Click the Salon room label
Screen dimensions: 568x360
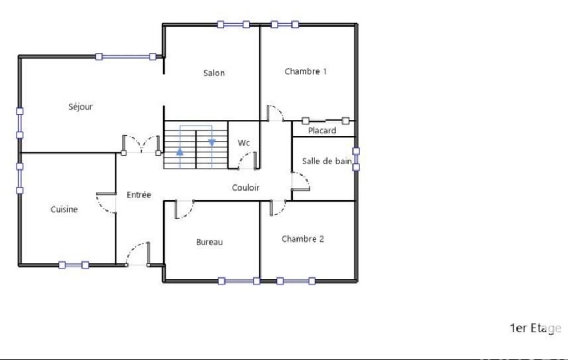pyautogui.click(x=214, y=73)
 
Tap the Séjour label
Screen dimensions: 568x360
pyautogui.click(x=80, y=106)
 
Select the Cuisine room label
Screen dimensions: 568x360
pyautogui.click(x=64, y=209)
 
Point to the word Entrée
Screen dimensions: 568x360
pyautogui.click(x=139, y=194)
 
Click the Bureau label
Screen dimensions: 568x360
pyautogui.click(x=209, y=242)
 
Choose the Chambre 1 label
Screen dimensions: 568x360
pyautogui.click(x=305, y=71)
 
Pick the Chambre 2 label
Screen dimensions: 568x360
pyautogui.click(x=303, y=239)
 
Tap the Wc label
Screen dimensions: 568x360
pyautogui.click(x=244, y=143)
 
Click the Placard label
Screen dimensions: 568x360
pyautogui.click(x=322, y=131)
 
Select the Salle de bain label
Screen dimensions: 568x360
pyautogui.click(x=327, y=161)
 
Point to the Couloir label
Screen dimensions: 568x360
pyautogui.click(x=245, y=187)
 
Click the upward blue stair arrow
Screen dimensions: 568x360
pyautogui.click(x=180, y=152)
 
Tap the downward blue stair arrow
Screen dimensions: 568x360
pyautogui.click(x=212, y=143)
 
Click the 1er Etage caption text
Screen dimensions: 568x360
pyautogui.click(x=535, y=328)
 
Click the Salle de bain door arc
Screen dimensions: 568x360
pyautogui.click(x=304, y=178)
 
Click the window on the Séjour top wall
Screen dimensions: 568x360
pyautogui.click(x=126, y=56)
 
